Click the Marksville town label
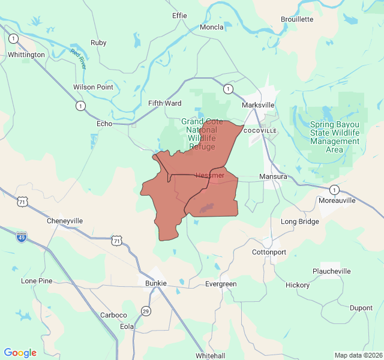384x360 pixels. tap(258, 105)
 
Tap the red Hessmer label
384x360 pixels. tap(210, 175)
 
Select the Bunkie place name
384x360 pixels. tap(155, 283)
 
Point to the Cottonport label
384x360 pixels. tap(269, 252)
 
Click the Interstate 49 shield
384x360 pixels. tap(21, 238)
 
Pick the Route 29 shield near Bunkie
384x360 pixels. tap(146, 310)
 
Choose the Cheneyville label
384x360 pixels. tap(65, 221)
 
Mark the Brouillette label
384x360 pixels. tap(297, 19)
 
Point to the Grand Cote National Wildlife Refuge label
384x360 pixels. tap(201, 134)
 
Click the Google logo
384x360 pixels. tap(20, 353)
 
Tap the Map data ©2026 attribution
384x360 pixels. tap(358, 355)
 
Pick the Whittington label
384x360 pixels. tap(26, 55)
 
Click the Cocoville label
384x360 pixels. tap(260, 130)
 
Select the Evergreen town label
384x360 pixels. tap(221, 284)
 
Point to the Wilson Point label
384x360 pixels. tap(93, 87)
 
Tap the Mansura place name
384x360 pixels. tap(273, 177)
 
